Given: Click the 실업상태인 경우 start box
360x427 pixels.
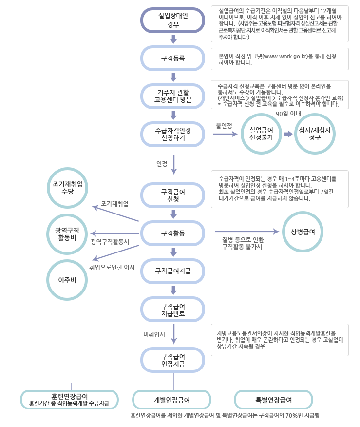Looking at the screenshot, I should click(173, 20).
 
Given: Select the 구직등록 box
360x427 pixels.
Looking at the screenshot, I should click(173, 58).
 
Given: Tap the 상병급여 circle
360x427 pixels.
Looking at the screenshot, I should click(303, 232).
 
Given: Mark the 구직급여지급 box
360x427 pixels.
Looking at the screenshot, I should click(173, 271).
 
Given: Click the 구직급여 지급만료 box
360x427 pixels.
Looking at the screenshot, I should click(173, 309).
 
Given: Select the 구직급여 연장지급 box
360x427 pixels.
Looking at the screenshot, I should click(173, 360).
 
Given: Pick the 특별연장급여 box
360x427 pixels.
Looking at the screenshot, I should click(273, 400).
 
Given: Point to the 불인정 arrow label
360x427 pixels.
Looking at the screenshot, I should click(224, 126).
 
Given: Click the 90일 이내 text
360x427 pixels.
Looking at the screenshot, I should click(289, 114).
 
